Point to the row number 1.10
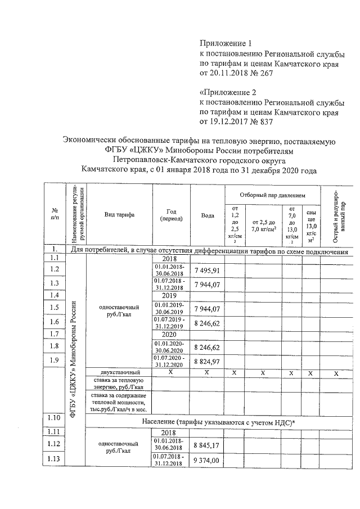pos(54,417)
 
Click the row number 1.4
pos(54,295)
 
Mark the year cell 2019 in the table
pos(170,295)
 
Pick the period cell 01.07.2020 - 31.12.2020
pos(170,362)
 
